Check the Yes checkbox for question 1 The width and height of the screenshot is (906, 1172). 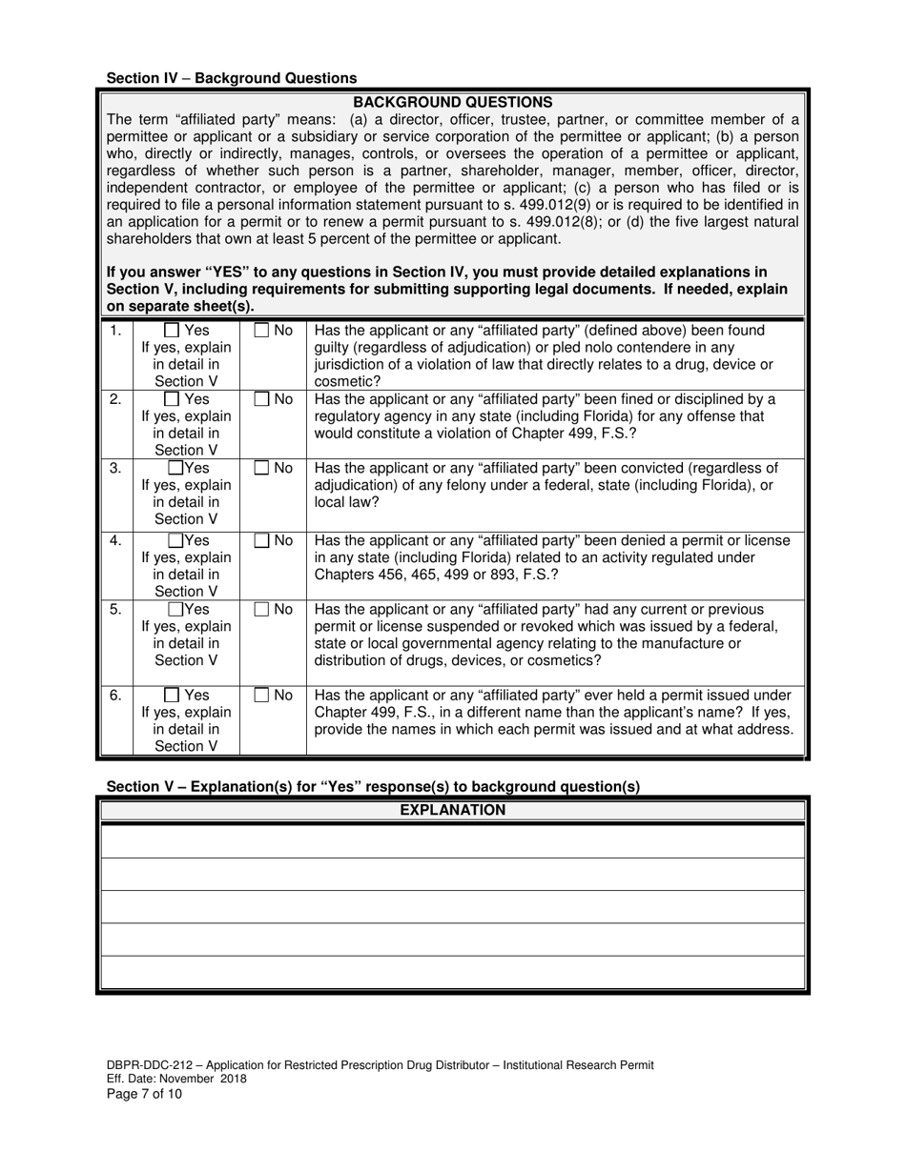tap(173, 331)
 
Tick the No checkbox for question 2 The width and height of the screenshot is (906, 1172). tap(261, 400)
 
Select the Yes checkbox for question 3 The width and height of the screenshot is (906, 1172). tap(175, 469)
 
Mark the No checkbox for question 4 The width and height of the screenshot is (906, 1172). tap(261, 541)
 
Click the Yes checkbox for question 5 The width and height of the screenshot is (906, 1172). tap(175, 610)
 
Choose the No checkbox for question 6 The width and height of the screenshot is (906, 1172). tap(261, 696)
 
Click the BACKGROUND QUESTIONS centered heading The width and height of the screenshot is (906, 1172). tap(452, 102)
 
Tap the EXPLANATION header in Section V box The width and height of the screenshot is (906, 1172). tap(452, 811)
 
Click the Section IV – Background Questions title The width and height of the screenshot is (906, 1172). tap(232, 78)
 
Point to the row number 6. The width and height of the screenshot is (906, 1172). tap(115, 696)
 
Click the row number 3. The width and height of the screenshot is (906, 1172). tap(115, 469)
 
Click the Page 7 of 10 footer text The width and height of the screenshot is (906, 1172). tap(144, 1094)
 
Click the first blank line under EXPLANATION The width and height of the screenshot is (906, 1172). tap(452, 840)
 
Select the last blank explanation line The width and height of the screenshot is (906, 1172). tap(452, 972)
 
